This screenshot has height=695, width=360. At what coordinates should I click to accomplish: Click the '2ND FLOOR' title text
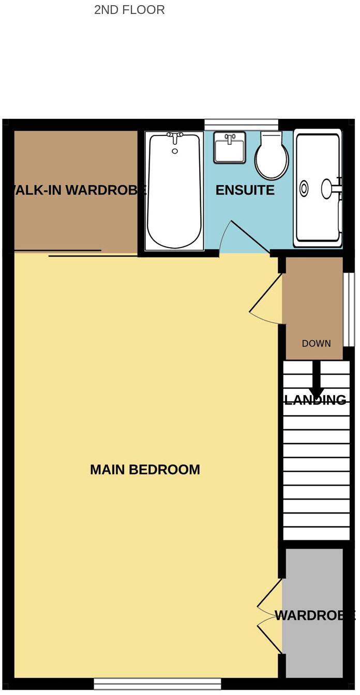coord(129,10)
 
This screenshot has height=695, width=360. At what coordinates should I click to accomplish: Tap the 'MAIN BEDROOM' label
coord(145,470)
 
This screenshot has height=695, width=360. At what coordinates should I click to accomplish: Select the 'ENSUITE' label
coord(245,190)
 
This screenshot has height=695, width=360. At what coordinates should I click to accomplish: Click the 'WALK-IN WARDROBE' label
coord(76,190)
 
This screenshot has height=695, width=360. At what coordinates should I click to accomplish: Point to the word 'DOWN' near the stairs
coord(316,343)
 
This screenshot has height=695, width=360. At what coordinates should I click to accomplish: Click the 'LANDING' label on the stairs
coord(315,400)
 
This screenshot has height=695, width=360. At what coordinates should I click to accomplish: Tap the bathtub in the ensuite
coord(174,191)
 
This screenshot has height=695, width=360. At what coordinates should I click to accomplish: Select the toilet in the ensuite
coord(272,156)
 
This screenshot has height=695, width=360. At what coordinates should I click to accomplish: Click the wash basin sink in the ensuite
coord(229,147)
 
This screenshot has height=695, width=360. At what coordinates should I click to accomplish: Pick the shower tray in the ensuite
coord(318,188)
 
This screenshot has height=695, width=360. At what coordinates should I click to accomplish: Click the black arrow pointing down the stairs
coord(317,380)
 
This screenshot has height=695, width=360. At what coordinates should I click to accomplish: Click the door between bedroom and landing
coord(266,300)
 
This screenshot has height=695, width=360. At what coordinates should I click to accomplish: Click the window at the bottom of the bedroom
coord(157,684)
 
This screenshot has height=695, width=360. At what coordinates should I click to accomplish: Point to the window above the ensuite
coord(241,125)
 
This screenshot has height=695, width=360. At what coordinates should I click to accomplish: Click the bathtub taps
coord(175,137)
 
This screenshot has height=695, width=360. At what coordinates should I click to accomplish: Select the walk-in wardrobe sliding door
coord(93,254)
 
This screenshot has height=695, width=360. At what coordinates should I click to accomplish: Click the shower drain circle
coord(304,188)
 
